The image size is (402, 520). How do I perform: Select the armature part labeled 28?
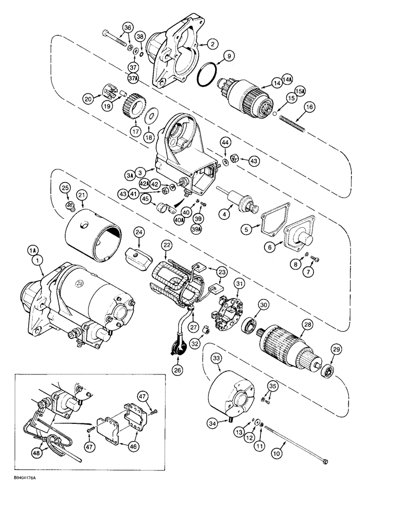(287, 345)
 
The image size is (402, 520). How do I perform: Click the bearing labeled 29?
(328, 372)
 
